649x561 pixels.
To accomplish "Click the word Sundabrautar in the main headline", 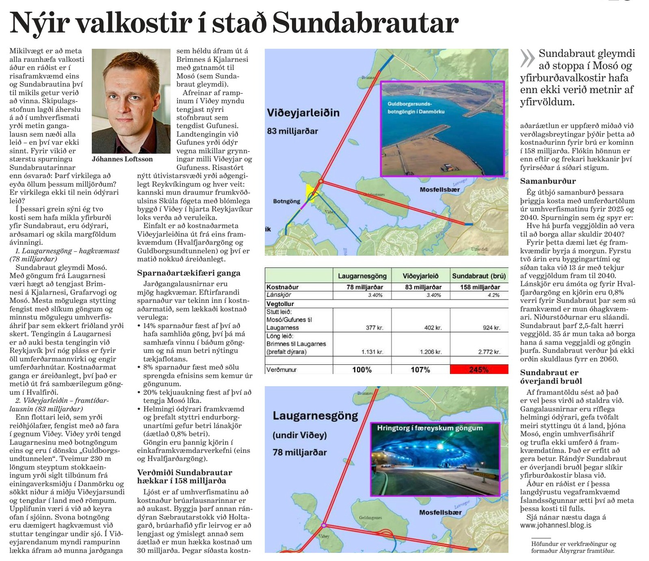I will [x=365, y=23].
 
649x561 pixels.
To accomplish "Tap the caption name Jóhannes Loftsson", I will [x=122, y=159].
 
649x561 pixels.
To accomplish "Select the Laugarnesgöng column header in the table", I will [x=362, y=276].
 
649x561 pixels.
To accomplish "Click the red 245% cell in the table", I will [x=479, y=370].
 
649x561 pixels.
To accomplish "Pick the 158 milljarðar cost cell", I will [x=480, y=287].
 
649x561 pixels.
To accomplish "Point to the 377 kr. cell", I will [x=374, y=328].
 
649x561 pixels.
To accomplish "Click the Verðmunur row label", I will [x=281, y=370].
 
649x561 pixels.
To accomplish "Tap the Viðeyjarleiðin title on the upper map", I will [x=303, y=113].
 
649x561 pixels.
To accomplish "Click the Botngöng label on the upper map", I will [x=286, y=201].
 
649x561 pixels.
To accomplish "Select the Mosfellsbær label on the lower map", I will [x=440, y=513].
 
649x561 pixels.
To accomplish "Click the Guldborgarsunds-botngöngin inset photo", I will [x=442, y=128].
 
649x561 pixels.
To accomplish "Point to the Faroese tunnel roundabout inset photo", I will [x=435, y=459].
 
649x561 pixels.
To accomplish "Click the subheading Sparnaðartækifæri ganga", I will [x=188, y=273].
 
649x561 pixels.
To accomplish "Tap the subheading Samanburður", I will [x=547, y=181].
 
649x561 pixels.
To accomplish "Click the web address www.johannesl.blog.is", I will [x=556, y=525].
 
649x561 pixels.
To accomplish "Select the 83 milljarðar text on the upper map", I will [x=292, y=131].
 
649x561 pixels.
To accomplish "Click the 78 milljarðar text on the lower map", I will [x=299, y=452].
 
